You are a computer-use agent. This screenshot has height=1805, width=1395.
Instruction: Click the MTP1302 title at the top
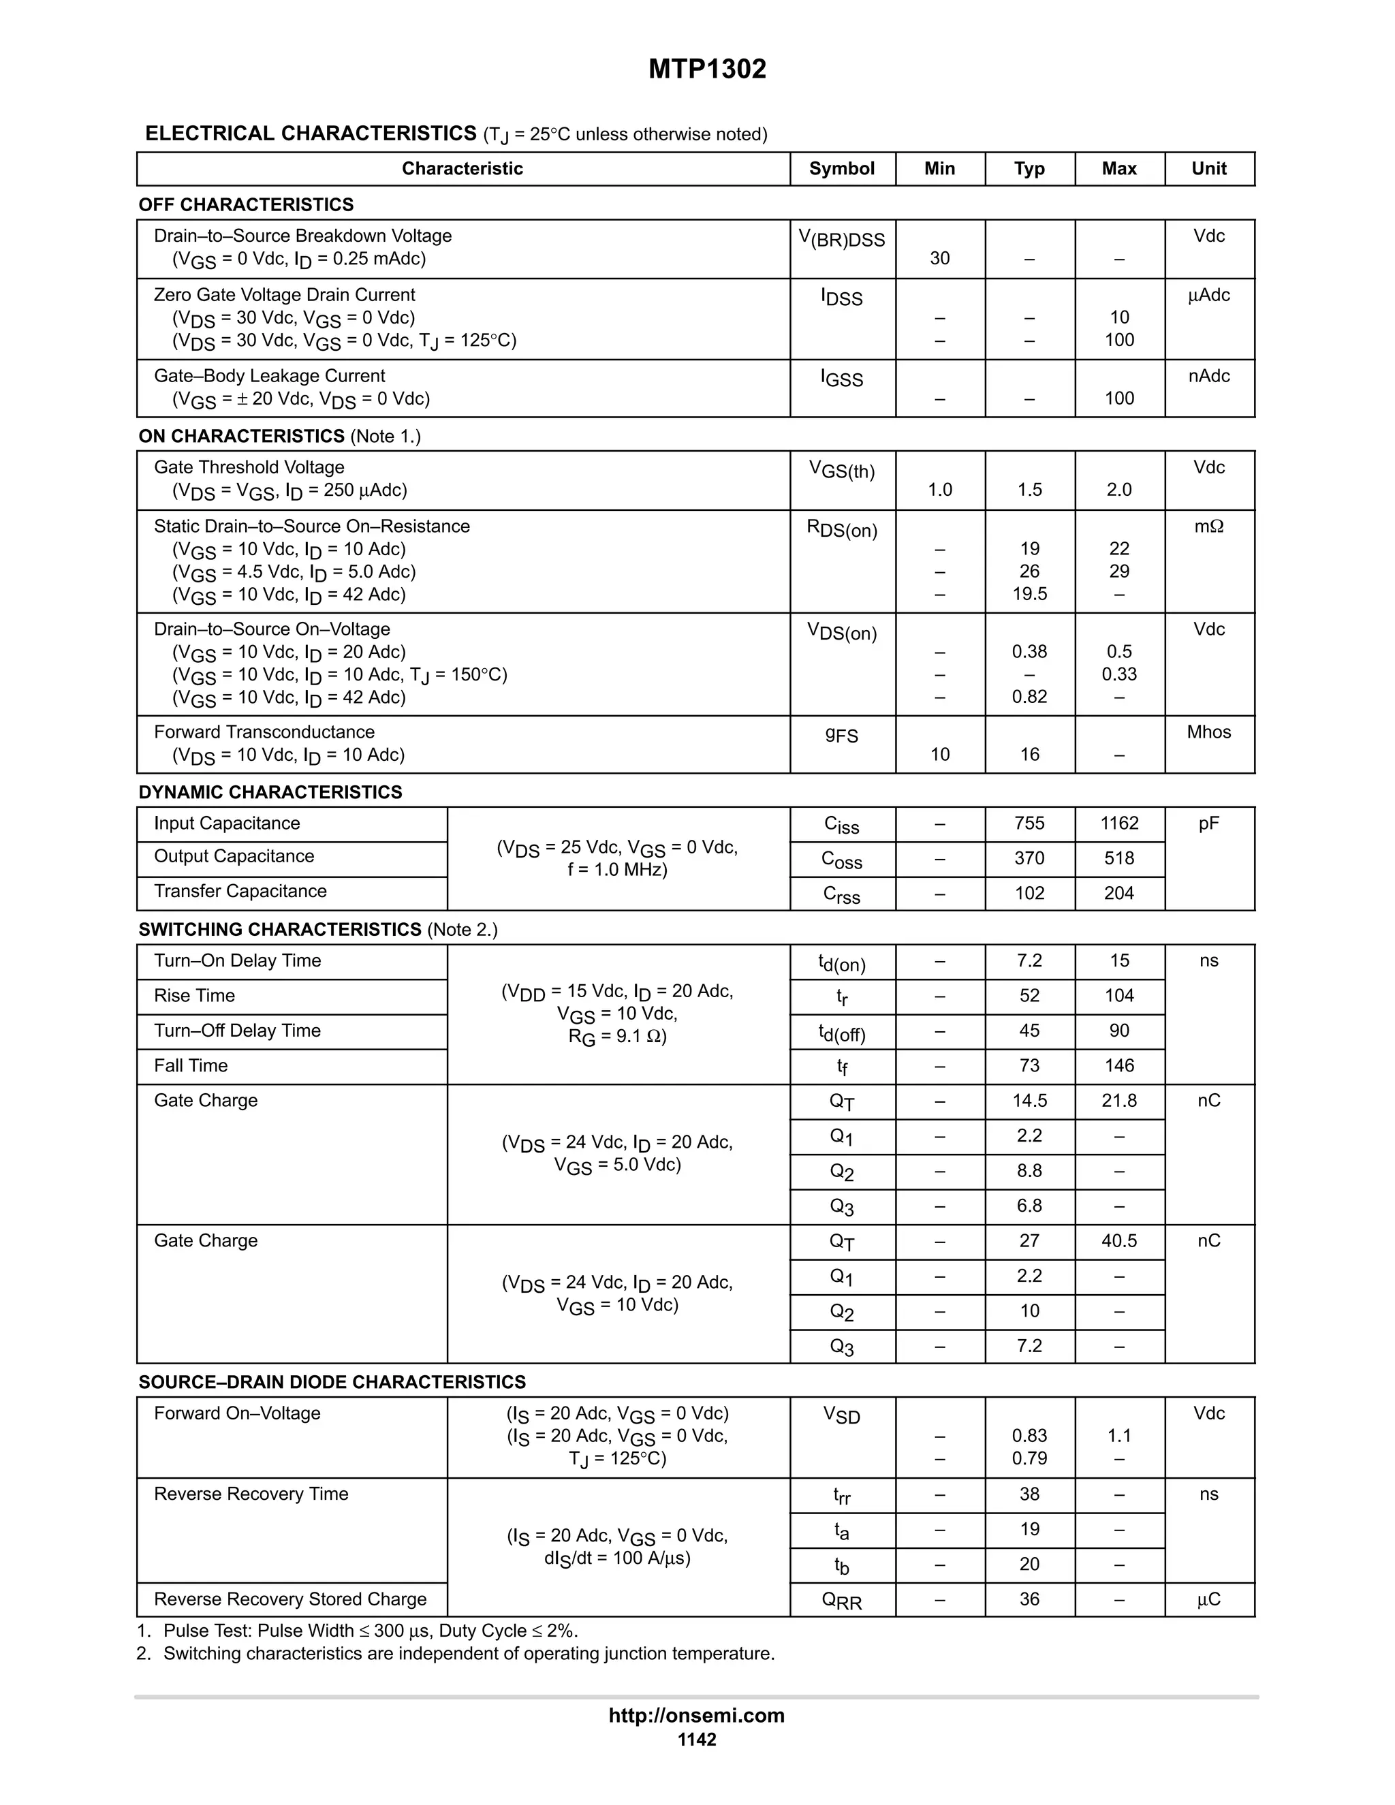tap(706, 69)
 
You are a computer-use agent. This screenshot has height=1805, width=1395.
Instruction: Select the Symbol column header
tap(841, 169)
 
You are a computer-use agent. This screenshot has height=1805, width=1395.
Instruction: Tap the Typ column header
tap(1029, 169)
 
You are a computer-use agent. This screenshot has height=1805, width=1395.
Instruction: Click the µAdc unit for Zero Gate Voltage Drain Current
tap(1208, 295)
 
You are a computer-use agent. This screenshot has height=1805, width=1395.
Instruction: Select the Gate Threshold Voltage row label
tap(249, 468)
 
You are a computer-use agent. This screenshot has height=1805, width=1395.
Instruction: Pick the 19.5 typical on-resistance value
tap(1029, 594)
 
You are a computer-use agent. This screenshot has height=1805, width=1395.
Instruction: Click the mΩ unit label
tap(1208, 527)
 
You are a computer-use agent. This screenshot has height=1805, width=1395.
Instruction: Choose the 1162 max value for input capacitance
tap(1119, 823)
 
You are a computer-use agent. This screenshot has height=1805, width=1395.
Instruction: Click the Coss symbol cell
tap(841, 860)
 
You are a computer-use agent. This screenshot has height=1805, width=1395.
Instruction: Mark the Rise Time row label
tap(194, 996)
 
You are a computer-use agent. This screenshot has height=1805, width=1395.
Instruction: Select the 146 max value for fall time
tap(1119, 1065)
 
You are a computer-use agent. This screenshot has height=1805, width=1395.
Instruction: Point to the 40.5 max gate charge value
tap(1119, 1240)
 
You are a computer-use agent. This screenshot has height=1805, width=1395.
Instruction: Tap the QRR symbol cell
tap(841, 1600)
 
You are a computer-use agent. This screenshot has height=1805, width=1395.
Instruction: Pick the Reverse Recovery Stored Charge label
tap(290, 1599)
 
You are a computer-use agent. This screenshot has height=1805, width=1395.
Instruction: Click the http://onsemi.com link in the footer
tap(697, 1715)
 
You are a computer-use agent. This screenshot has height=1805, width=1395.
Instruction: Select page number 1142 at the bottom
tap(697, 1740)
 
